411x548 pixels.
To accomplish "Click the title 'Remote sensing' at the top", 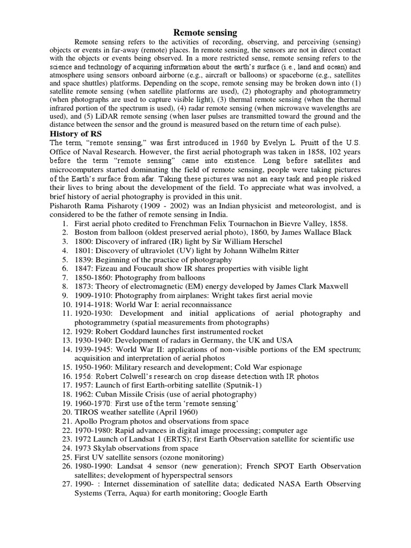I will pos(205,33).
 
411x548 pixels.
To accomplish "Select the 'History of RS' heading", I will pos(76,134).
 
